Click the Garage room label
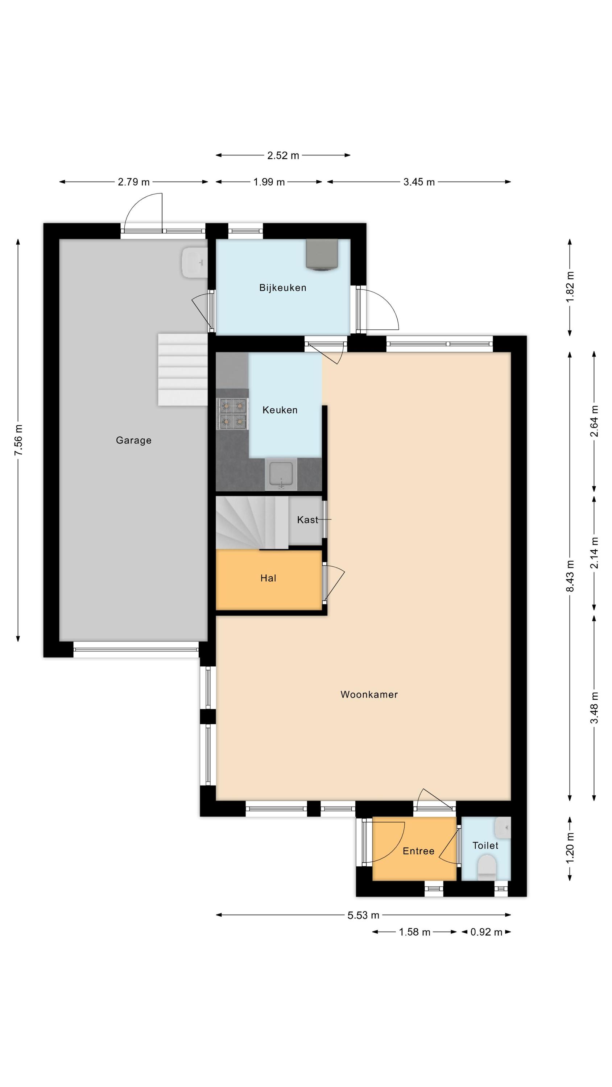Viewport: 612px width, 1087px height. (133, 441)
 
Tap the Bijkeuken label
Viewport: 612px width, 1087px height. (282, 288)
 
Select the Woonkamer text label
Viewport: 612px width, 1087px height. (369, 695)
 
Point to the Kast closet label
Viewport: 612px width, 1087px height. (307, 520)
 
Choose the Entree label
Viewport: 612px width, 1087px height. (418, 851)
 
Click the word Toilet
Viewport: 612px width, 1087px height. (485, 846)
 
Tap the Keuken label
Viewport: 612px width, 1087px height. (280, 410)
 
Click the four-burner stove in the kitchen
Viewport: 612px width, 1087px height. (232, 414)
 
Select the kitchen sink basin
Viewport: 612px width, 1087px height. (281, 475)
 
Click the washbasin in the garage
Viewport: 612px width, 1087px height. (195, 262)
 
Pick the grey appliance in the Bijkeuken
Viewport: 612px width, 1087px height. (322, 254)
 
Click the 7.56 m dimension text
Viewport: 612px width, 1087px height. (18, 440)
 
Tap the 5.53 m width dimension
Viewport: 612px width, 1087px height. (363, 915)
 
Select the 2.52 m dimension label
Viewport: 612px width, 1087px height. (283, 156)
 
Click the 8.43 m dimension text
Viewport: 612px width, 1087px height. (570, 576)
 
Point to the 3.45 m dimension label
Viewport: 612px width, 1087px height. (419, 182)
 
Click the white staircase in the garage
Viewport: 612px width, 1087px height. (183, 370)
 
